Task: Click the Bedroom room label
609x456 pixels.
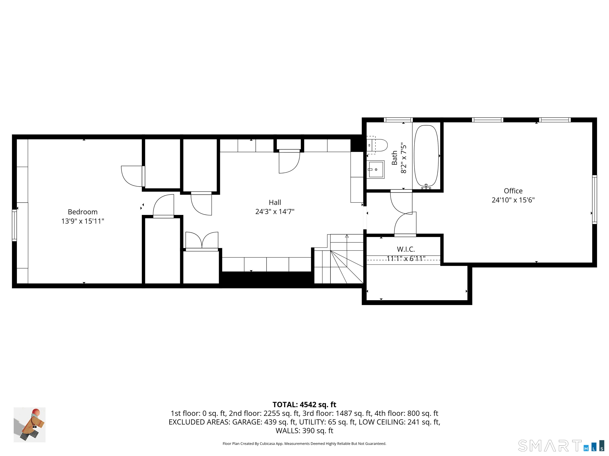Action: [x=83, y=212]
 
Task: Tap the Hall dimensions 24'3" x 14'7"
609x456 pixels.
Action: [x=275, y=212]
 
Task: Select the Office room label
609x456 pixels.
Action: [x=513, y=191]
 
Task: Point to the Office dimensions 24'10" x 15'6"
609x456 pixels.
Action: [x=513, y=200]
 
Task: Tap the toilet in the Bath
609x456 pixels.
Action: [x=379, y=145]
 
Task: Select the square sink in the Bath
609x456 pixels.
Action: [x=376, y=170]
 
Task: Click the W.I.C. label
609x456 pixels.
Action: [x=406, y=249]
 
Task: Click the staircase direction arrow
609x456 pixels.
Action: [x=347, y=236]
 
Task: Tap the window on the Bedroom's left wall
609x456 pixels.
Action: [x=14, y=225]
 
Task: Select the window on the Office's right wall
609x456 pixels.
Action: [x=594, y=199]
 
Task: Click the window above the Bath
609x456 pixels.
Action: [x=398, y=120]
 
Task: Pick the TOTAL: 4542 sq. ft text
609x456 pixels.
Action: [x=304, y=405]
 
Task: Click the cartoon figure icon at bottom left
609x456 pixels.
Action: [x=30, y=425]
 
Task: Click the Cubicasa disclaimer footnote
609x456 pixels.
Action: [x=304, y=444]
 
